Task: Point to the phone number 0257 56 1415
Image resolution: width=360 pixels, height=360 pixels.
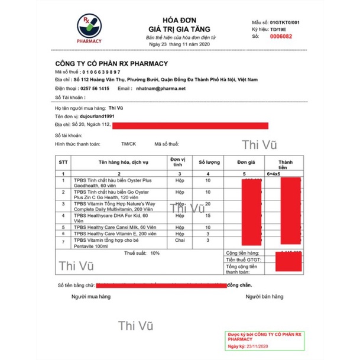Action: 95,88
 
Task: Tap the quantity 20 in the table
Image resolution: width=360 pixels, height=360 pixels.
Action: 208,203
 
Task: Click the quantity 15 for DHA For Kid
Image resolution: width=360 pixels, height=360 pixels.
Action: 208,216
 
